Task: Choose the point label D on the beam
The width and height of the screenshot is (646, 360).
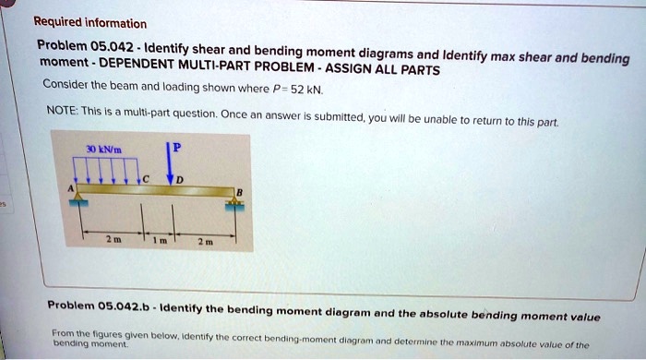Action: pos(182,178)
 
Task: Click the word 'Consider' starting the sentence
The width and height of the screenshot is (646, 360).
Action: pos(63,85)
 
